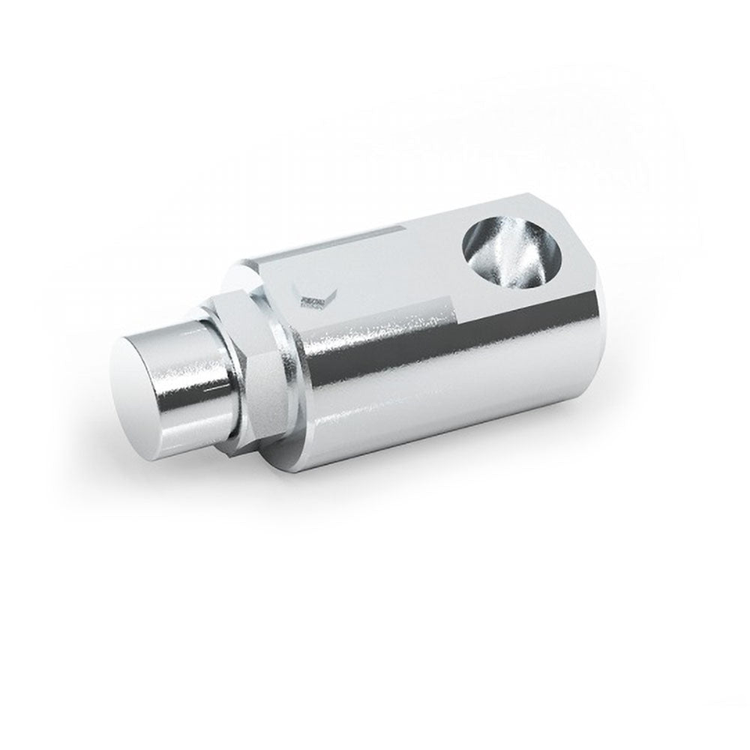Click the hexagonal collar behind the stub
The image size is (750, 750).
pos(262,367)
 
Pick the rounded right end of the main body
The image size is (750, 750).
pos(592,352)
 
